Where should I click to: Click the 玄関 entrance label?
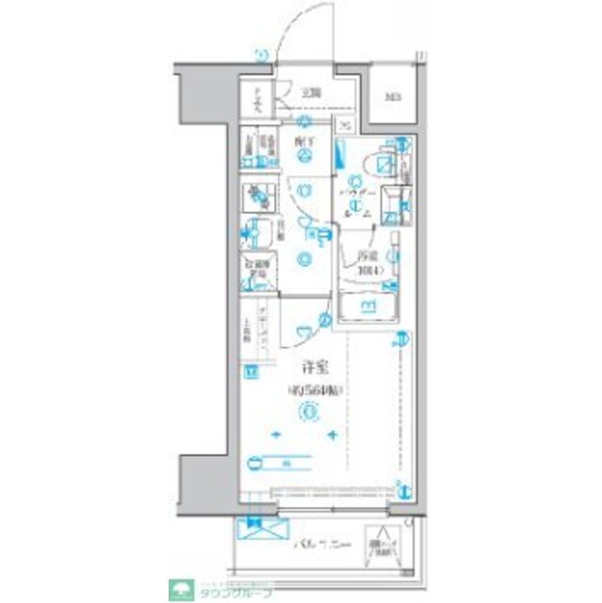[x=310, y=92]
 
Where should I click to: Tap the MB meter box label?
[x=389, y=96]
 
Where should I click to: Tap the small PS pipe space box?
[x=345, y=128]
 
